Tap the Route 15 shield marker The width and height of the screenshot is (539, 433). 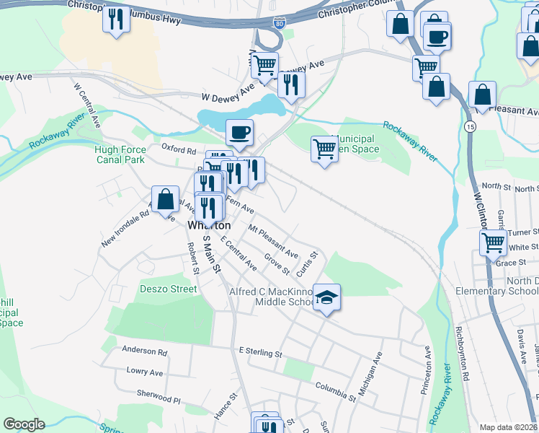470,126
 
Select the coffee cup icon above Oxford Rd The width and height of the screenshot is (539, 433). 239,132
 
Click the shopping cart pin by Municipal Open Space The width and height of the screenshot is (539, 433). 324,149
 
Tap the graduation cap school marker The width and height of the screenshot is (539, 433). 326,297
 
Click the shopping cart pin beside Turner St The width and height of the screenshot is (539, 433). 493,242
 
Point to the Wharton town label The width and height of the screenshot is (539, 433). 209,225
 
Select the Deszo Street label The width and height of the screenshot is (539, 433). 168,289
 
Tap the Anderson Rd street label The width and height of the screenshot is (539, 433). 144,351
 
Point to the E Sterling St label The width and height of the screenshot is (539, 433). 260,353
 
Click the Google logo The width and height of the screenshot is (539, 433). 24,424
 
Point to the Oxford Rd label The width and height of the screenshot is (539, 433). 179,151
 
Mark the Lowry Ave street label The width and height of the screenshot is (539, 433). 144,372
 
